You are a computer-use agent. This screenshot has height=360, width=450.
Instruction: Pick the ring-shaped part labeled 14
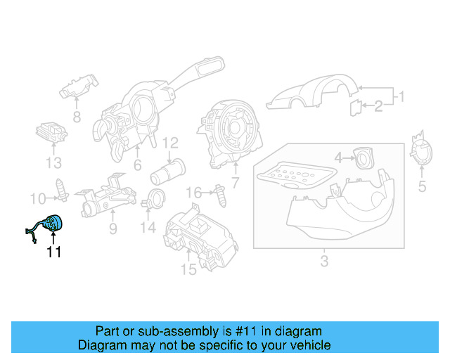click(x=155, y=199)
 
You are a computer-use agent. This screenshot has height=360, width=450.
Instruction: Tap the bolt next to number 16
click(x=222, y=194)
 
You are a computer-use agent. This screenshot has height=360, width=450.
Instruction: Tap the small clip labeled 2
click(x=356, y=106)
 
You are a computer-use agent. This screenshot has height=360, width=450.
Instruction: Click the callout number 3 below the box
click(x=324, y=262)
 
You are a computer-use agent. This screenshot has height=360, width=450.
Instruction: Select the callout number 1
click(x=401, y=96)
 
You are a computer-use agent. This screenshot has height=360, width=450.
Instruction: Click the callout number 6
click(x=138, y=165)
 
